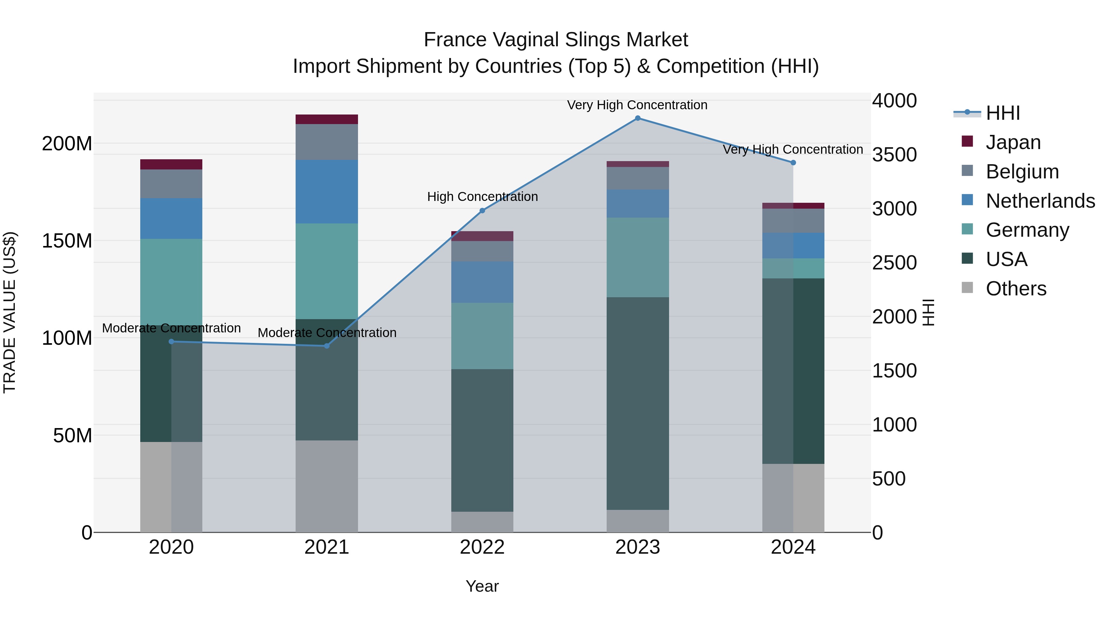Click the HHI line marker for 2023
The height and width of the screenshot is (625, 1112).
coord(638,118)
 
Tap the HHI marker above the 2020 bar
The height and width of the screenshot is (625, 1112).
coord(171,342)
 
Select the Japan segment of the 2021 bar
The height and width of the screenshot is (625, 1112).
coord(327,119)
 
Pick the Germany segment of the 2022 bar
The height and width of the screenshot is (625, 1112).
coord(482,336)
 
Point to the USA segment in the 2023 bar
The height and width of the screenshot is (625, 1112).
coord(638,403)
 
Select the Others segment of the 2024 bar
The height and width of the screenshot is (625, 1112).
coord(793,498)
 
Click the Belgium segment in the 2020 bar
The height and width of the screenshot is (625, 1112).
coord(171,184)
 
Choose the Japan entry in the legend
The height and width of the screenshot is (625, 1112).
coord(1013,142)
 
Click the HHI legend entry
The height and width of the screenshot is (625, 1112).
coord(1002,113)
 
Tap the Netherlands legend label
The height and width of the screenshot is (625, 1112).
coord(1040,201)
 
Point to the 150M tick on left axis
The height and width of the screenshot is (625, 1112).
coord(67,241)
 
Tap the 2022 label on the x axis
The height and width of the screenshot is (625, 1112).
coord(482,547)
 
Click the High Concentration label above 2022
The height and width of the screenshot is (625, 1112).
coord(482,197)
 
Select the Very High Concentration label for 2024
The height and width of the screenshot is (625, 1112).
coord(793,150)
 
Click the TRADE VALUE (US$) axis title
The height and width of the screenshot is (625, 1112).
coord(10,312)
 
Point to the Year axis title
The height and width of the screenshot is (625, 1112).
coord(482,586)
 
